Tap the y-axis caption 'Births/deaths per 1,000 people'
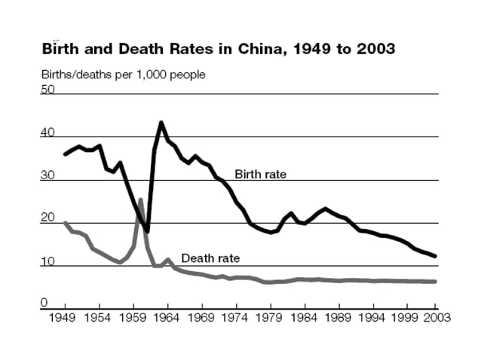click(123, 75)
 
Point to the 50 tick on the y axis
click(47, 89)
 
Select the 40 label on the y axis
click(47, 133)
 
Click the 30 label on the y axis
click(47, 175)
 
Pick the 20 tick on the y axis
click(47, 218)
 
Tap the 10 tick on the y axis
click(47, 261)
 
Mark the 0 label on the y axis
click(44, 303)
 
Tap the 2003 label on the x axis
click(435, 317)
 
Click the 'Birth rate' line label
click(261, 174)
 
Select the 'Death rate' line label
click(210, 258)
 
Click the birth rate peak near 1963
click(161, 122)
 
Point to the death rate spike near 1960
click(140, 200)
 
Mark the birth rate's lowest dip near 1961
click(148, 231)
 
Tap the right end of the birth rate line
click(435, 257)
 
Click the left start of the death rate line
click(65, 223)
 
